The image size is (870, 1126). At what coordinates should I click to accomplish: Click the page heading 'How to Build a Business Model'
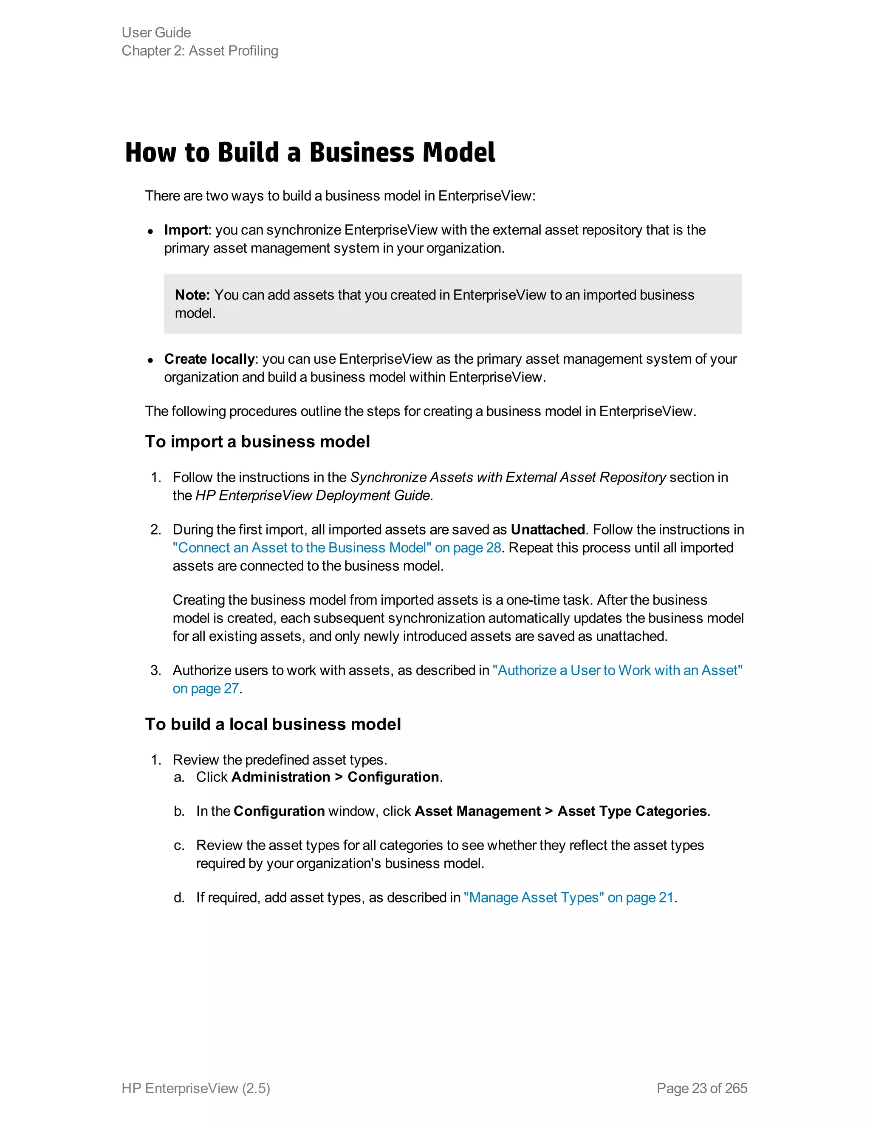tap(310, 153)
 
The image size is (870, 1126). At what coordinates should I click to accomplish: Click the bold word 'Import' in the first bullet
tap(186, 230)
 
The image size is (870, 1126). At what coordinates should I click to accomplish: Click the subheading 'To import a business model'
tap(257, 442)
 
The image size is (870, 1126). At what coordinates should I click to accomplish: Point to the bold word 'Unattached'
tap(547, 529)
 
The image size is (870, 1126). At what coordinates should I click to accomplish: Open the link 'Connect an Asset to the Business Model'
tap(302, 548)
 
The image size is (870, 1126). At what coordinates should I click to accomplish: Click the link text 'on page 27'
tap(206, 688)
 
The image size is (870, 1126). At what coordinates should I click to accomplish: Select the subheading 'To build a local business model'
tap(273, 724)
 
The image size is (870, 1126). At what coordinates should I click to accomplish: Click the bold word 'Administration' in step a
tap(280, 777)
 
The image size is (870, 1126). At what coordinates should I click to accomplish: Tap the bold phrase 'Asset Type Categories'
tap(632, 811)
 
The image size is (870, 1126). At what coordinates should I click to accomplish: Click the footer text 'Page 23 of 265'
tap(701, 1088)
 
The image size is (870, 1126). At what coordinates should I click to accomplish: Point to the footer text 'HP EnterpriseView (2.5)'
tap(196, 1088)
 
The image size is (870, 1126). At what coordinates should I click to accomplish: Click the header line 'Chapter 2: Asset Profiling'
tap(200, 51)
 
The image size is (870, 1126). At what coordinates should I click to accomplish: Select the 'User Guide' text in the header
tap(156, 32)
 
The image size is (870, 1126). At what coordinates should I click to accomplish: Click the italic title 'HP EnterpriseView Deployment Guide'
tap(312, 495)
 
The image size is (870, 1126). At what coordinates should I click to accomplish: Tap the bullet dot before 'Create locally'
tap(150, 360)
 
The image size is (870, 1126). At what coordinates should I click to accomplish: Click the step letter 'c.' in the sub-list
tap(179, 846)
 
